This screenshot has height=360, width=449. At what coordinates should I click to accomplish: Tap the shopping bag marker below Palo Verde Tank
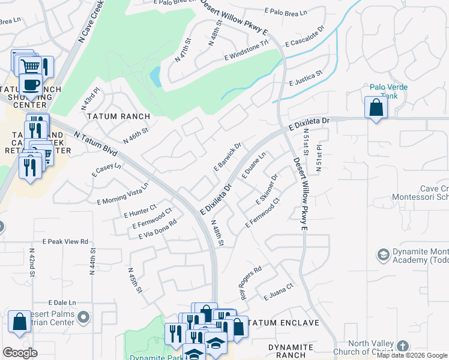376,108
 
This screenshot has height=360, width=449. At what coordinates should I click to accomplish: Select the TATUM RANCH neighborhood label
118,116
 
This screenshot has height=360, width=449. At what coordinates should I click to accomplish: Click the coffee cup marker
31,84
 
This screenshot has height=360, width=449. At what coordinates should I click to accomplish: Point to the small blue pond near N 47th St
155,77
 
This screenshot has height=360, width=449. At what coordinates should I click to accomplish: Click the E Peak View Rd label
65,241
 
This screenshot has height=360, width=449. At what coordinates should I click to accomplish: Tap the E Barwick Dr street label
228,156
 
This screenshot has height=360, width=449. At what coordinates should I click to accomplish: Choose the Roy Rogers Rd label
252,283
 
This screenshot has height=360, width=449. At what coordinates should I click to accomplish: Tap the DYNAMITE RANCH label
291,352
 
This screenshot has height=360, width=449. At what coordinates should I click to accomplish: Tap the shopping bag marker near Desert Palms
19,322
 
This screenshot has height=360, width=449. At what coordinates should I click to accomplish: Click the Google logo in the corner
20,353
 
